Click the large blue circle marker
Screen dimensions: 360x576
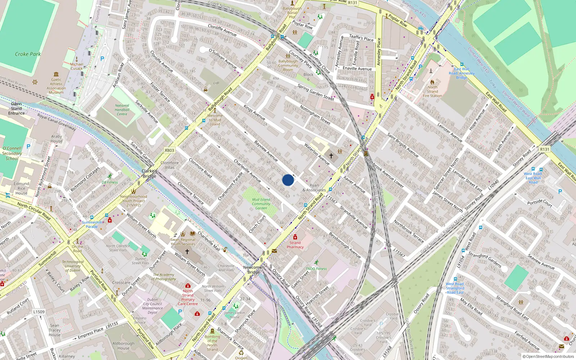(288, 180)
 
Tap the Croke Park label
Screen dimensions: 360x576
(28, 54)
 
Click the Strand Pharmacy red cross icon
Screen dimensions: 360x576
(295, 237)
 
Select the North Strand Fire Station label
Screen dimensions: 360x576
(432, 91)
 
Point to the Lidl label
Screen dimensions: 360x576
(216, 83)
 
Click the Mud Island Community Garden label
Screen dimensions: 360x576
(261, 204)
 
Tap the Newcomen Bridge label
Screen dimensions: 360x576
(253, 270)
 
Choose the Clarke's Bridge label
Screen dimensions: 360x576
(149, 174)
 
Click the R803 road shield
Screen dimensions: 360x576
(169, 150)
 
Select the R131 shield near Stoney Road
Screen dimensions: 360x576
(544, 149)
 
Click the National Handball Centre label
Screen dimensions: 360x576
(122, 110)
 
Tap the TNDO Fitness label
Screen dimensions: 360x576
(316, 269)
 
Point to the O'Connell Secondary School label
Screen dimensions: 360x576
(12, 153)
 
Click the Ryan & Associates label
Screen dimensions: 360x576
(314, 188)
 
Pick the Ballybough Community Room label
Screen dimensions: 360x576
(288, 66)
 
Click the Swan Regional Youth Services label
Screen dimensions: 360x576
(183, 242)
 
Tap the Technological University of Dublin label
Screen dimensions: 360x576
(73, 266)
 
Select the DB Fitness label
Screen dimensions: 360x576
(110, 182)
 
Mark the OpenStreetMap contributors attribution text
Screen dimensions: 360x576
(548, 356)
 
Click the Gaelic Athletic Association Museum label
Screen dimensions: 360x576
(56, 86)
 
